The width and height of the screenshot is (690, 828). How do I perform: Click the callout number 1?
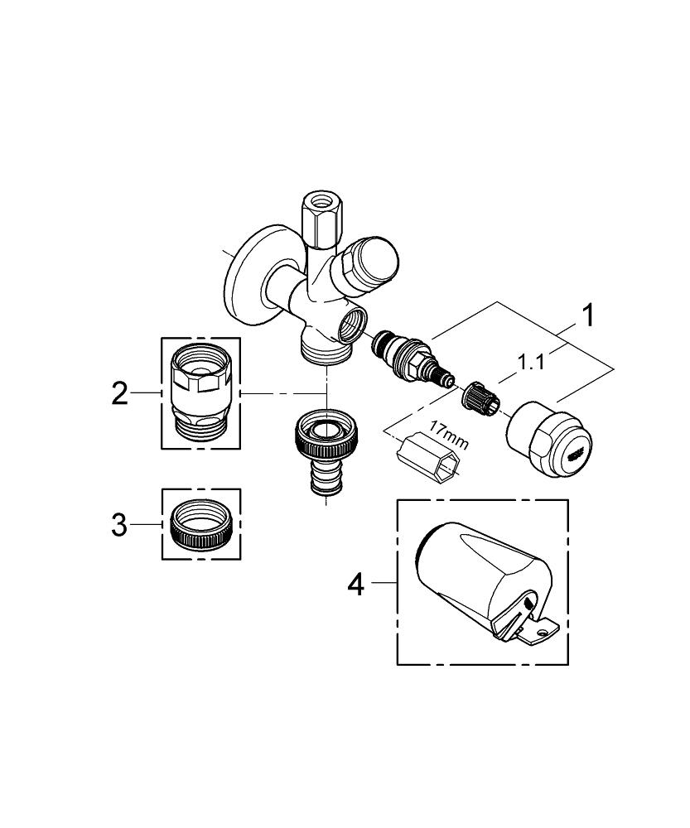pos(586,316)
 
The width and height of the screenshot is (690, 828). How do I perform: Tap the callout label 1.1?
pos(531,362)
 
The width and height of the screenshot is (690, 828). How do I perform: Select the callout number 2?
pos(121,393)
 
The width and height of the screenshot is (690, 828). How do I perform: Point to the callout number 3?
pos(121,524)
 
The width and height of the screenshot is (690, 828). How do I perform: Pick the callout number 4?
pos(355,585)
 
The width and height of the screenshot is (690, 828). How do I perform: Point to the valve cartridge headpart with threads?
pos(408,359)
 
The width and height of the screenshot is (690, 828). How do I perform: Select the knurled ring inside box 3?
pos(200,525)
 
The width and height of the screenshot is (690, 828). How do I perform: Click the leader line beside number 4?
pos(383,584)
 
